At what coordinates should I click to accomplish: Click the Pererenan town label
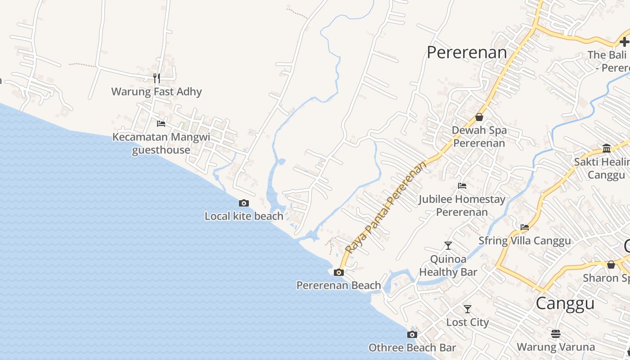coord(467,53)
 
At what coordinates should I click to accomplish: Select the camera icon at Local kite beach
coord(244,203)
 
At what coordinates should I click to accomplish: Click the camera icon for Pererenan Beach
coord(339,272)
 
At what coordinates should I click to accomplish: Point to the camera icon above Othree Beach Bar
coord(412,335)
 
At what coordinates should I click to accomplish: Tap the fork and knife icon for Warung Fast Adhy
coord(157,78)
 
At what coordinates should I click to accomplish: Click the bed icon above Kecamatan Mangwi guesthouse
coord(161,124)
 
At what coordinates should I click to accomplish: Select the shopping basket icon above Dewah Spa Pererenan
coord(479,117)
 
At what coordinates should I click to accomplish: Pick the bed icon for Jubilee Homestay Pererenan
coord(462,186)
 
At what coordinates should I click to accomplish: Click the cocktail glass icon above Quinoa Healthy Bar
coord(448,246)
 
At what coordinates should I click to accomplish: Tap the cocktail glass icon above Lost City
coord(468,309)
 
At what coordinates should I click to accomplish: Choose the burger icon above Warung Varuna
coord(556,334)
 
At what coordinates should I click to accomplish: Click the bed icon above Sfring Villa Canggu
coord(525,227)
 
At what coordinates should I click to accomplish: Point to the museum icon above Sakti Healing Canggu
coord(607,148)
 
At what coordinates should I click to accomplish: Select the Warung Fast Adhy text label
coord(157,92)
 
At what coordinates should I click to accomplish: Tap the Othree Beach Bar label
coord(412,348)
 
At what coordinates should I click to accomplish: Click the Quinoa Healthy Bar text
coord(448,265)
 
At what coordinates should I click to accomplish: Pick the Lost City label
coord(468,322)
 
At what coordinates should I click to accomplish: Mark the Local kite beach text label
coord(244,216)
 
